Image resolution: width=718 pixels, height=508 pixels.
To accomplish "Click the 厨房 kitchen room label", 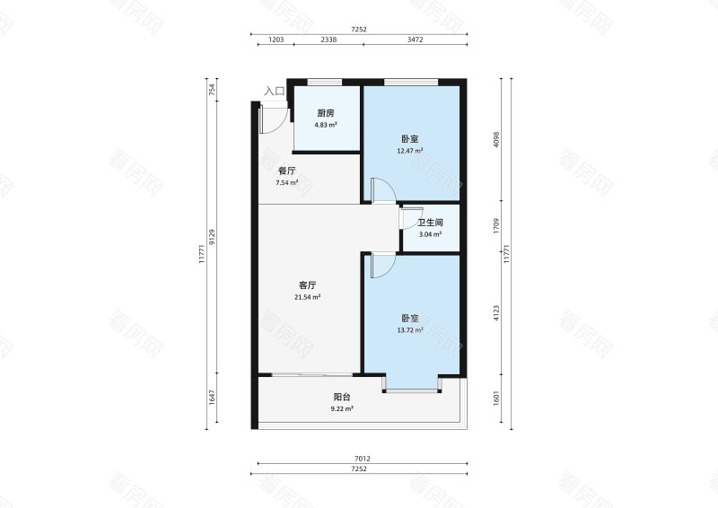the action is point(326,113).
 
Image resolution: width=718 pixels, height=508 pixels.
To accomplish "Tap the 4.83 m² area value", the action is point(326,125).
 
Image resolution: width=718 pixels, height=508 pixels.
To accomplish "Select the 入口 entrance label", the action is point(275,92).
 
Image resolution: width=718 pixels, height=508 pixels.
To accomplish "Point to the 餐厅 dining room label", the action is point(287,171).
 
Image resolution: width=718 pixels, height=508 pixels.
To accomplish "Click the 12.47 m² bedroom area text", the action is point(410,150).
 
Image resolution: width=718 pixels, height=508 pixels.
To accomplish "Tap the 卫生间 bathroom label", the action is point(430,223).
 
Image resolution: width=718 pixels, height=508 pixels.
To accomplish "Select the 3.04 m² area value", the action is point(430,234).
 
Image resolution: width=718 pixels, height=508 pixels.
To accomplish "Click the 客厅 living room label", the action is point(307,285).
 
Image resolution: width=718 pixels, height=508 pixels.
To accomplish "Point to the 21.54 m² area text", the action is point(307,297).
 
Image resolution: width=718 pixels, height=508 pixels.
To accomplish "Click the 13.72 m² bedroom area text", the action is point(410,329).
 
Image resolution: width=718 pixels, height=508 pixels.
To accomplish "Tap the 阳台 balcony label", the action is point(342,397).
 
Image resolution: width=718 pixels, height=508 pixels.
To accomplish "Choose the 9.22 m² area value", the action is point(342,408).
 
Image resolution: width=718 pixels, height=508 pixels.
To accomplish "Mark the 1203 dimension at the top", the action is point(276,39).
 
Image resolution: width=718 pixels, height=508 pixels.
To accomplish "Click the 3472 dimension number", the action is point(416,39).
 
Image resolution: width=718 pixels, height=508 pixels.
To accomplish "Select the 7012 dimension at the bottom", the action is point(363,459).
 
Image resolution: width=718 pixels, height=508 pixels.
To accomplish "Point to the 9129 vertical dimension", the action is point(212,237).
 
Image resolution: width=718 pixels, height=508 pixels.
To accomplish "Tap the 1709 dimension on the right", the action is point(496,226).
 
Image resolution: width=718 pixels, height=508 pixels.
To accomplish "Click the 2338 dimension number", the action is point(328,39).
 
